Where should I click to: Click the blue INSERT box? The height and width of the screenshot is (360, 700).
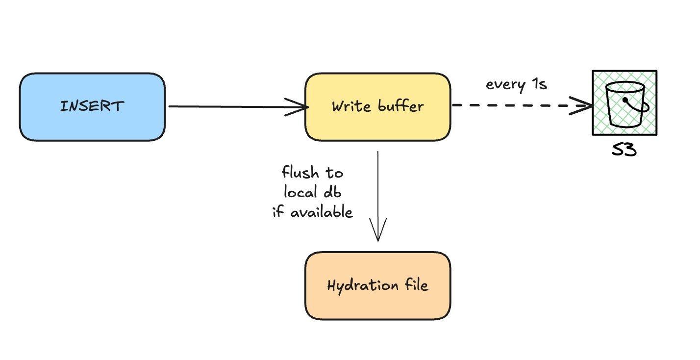click(92, 107)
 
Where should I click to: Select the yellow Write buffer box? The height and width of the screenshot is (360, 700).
click(377, 107)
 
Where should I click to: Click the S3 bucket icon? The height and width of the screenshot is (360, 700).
click(624, 103)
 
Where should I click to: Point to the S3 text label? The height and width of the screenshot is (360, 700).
click(624, 150)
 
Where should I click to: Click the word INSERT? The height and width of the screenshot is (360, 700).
click(92, 106)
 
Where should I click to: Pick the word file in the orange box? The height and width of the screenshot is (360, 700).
click(415, 285)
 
